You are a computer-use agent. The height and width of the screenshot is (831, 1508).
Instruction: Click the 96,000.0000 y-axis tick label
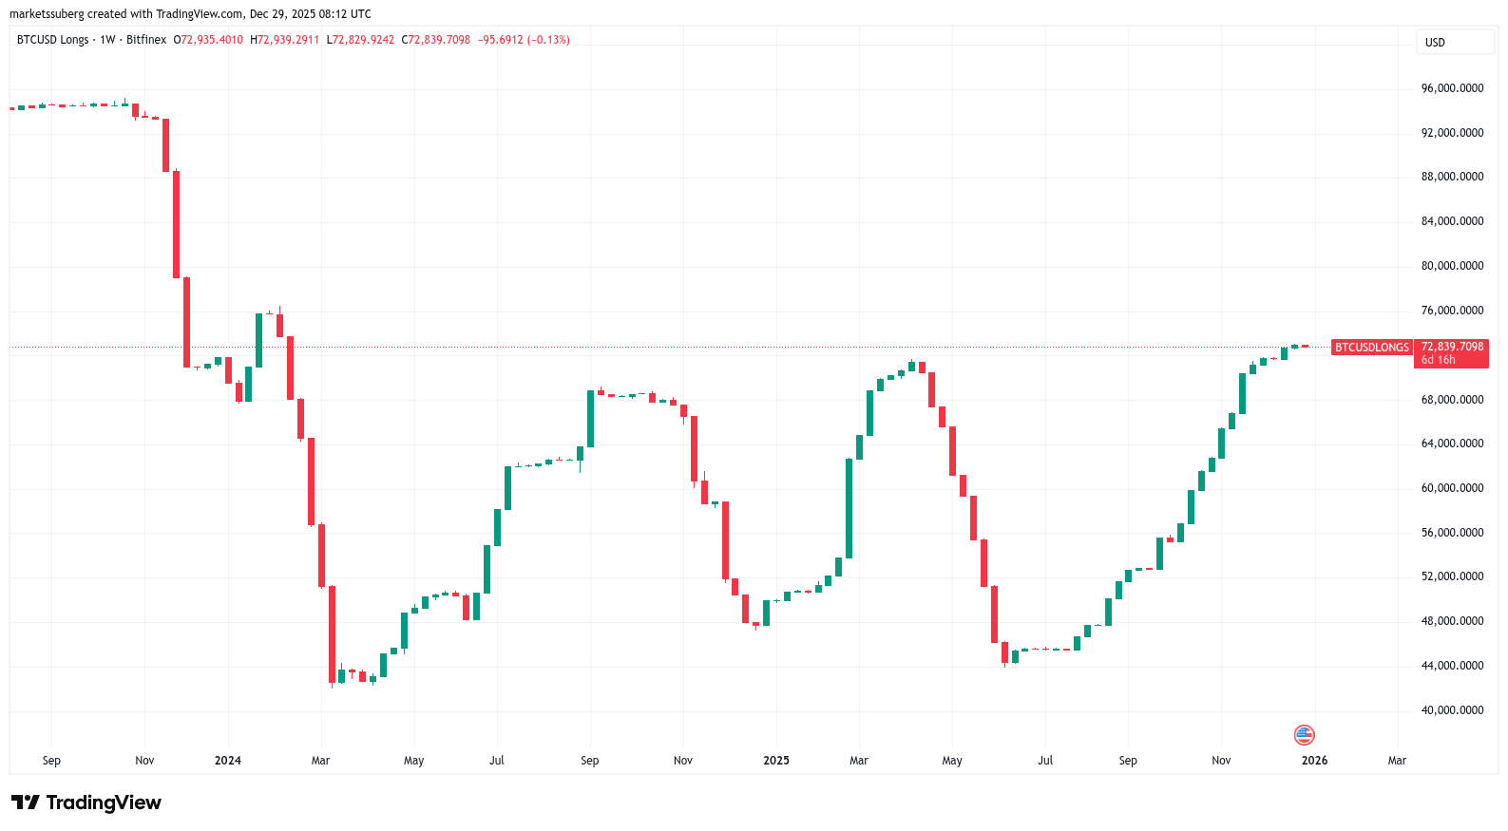point(1452,88)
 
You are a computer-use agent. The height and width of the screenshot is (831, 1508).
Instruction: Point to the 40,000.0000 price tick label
point(1452,710)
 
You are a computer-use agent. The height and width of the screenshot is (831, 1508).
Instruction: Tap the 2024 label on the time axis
point(228,761)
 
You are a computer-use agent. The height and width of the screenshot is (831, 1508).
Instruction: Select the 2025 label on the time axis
point(776,761)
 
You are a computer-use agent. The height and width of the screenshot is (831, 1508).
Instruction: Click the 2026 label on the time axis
point(1314,761)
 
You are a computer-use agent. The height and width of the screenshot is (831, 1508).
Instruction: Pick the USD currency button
point(1435,43)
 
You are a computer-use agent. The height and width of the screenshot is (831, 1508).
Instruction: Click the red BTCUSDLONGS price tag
point(1372,348)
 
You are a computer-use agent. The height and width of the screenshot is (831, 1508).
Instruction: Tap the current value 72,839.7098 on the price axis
point(1452,347)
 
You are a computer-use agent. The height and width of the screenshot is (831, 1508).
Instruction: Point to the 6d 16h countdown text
point(1438,360)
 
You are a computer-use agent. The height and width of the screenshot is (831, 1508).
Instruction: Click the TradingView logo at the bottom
point(86,803)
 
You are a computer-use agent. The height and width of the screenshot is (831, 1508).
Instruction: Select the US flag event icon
point(1304,735)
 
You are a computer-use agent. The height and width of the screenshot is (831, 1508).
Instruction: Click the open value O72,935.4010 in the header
point(208,40)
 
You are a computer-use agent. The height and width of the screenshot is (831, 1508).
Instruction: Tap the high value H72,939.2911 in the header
point(285,40)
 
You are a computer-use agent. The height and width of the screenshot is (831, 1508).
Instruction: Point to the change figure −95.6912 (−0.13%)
point(524,40)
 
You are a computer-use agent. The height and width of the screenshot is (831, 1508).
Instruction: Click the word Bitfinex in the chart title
point(146,40)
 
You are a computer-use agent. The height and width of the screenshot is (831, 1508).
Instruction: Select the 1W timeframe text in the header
point(107,40)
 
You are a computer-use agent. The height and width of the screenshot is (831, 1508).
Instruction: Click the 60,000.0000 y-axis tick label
point(1452,488)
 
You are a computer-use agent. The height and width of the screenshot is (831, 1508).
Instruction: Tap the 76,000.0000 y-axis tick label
point(1452,311)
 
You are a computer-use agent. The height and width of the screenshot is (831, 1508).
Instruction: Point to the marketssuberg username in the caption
point(47,14)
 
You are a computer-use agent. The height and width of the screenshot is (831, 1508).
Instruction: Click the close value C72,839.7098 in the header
point(436,40)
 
